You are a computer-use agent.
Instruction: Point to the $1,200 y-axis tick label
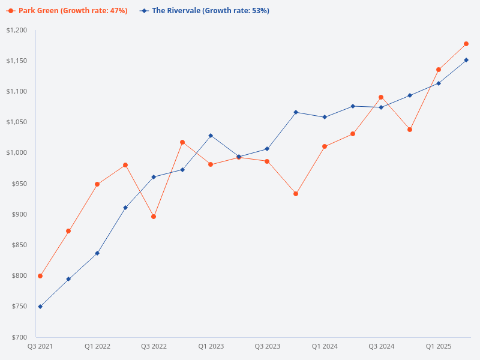click(x=17, y=30)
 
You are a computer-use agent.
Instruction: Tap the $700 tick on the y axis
click(x=20, y=337)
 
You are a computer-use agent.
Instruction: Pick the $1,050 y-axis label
click(x=17, y=122)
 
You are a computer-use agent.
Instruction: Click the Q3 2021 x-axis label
click(x=40, y=346)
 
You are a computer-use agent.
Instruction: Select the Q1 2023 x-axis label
click(x=211, y=346)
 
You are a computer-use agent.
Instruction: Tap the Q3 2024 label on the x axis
click(x=381, y=346)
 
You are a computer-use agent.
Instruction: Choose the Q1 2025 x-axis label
click(x=439, y=346)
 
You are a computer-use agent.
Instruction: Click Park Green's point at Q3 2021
click(x=40, y=276)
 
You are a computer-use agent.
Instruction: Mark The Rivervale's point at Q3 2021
click(x=40, y=307)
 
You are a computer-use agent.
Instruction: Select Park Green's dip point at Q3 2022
click(x=154, y=217)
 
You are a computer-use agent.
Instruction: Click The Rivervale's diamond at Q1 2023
click(x=211, y=136)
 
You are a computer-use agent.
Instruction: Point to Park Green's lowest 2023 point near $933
click(x=296, y=194)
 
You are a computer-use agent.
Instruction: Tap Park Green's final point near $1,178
click(x=466, y=44)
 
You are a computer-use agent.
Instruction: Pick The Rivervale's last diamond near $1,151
click(x=466, y=60)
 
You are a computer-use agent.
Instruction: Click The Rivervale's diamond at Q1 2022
click(x=97, y=253)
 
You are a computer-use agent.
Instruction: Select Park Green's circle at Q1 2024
click(x=325, y=146)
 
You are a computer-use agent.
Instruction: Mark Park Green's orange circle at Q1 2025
click(x=439, y=70)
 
